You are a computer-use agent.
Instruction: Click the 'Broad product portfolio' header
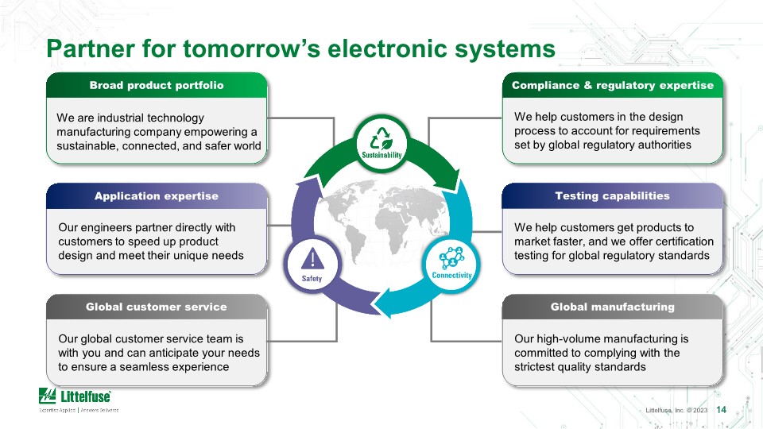coord(157,85)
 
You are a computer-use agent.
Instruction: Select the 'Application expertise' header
coord(157,196)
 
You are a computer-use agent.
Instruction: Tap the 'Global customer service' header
coord(157,307)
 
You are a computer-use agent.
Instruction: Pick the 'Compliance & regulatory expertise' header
coord(613,85)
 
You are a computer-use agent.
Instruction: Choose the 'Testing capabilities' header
coord(612,195)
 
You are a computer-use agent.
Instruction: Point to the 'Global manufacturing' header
coord(613,307)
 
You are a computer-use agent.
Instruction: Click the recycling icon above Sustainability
coord(381,138)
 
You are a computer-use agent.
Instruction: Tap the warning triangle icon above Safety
coord(312,259)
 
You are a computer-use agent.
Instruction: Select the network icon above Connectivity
coord(452,257)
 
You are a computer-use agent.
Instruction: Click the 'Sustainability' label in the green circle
coord(381,155)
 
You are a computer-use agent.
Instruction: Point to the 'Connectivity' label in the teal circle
coord(452,276)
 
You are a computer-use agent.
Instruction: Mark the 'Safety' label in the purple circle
coord(312,279)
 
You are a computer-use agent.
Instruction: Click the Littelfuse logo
coord(75,396)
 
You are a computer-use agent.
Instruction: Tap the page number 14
coord(721,410)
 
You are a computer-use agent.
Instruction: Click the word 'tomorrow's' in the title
coord(252,48)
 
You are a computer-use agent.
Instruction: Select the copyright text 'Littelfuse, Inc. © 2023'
coord(676,411)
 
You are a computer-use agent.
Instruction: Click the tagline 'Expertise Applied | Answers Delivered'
coord(79,411)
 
